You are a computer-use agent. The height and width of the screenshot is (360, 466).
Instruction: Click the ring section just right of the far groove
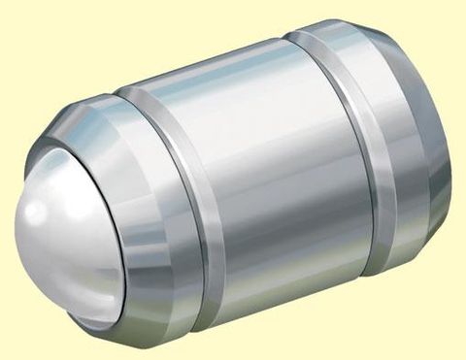pos(388,146)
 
